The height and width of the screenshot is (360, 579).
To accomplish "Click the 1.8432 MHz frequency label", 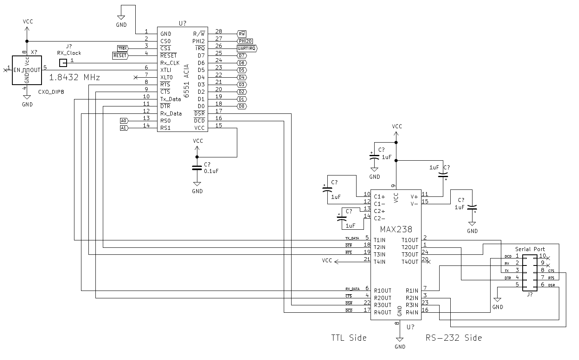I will click(x=74, y=77).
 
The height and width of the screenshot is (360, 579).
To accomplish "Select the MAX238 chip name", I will click(x=396, y=229).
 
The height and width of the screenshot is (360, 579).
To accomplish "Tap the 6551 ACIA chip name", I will click(x=187, y=81).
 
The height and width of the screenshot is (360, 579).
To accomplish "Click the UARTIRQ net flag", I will click(x=247, y=48).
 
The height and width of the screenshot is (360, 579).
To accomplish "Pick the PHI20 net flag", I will click(x=245, y=41).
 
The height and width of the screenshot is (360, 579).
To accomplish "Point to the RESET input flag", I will click(x=120, y=55).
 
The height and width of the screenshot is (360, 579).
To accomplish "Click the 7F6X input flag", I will click(x=123, y=48).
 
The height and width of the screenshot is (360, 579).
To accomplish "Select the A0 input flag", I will click(x=124, y=121).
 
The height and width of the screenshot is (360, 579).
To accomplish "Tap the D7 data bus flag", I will click(x=242, y=55).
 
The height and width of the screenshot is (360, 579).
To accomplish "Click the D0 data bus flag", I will click(x=242, y=106).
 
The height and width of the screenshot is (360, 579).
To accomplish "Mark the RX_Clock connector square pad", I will click(x=63, y=63).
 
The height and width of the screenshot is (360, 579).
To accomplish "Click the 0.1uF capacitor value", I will click(x=211, y=171).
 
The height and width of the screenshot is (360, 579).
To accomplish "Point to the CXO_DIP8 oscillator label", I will click(x=51, y=92).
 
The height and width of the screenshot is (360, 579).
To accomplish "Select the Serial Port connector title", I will click(x=530, y=249).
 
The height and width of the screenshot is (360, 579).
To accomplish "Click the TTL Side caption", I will click(x=349, y=338).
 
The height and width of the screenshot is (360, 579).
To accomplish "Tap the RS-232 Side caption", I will click(x=454, y=338).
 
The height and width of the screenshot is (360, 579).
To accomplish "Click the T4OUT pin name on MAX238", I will click(x=410, y=262).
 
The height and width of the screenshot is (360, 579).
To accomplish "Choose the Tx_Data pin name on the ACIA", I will click(x=171, y=99).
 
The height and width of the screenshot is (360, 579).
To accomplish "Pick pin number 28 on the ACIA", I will click(x=218, y=32).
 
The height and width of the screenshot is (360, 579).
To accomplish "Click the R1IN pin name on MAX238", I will click(x=412, y=291).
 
